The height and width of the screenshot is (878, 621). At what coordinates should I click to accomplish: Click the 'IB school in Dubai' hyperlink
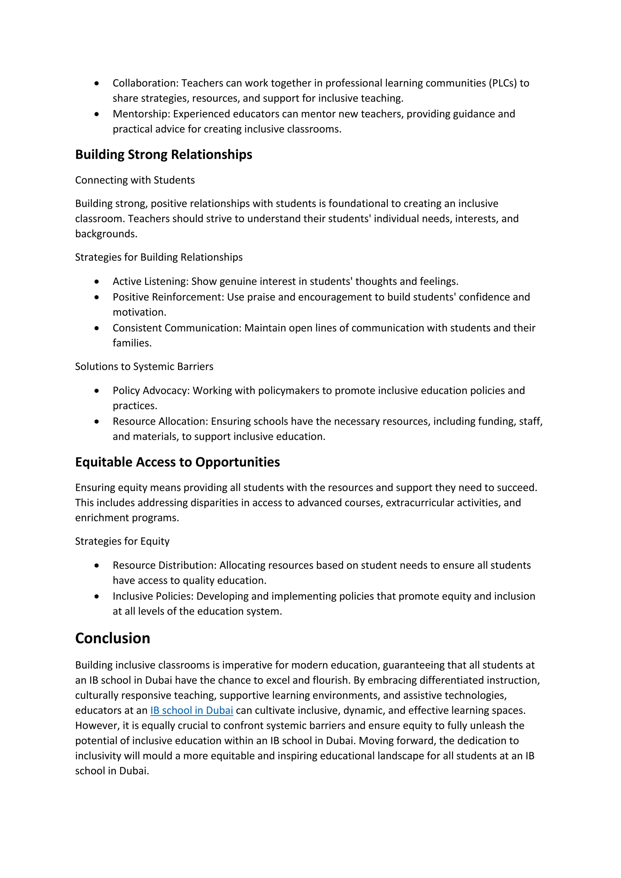pos(192,711)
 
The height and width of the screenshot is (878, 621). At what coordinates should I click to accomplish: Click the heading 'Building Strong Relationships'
pos(164,155)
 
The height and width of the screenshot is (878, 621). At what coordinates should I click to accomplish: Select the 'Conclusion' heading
pos(112,638)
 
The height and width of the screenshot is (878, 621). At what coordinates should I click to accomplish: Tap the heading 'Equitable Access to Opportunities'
pos(177,462)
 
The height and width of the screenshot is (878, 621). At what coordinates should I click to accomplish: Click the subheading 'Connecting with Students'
pos(135,180)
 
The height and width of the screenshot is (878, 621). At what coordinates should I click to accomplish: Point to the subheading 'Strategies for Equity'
pos(122,541)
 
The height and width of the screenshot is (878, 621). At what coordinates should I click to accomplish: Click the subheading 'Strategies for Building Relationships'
pos(159,257)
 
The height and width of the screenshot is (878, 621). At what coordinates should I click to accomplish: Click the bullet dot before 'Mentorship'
pos(97,114)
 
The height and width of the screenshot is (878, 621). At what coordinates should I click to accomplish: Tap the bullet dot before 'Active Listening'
pos(97,281)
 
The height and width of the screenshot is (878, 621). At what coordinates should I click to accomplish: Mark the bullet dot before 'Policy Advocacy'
pos(97,390)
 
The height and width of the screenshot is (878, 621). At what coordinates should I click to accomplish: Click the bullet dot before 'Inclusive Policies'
pos(97,596)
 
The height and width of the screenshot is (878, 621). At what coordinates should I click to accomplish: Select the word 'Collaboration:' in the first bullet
pos(146,83)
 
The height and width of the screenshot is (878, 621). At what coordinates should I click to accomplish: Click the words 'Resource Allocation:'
pos(160,421)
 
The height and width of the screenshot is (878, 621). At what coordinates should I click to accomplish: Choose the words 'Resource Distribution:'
pos(164,565)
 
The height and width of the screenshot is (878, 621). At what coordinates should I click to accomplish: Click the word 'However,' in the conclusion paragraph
pos(97,726)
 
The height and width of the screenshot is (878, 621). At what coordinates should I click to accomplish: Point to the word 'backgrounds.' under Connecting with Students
pos(106,234)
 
